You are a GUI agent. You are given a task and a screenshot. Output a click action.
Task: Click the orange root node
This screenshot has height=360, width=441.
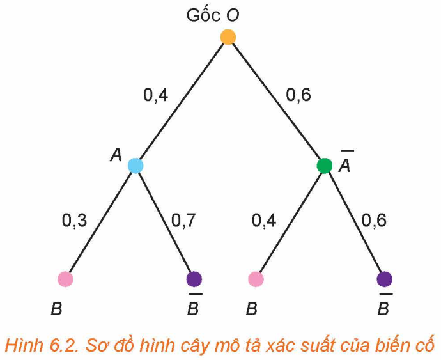pyautogui.click(x=228, y=37)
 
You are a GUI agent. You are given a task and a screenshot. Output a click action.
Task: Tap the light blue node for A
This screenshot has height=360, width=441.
pyautogui.click(x=135, y=166)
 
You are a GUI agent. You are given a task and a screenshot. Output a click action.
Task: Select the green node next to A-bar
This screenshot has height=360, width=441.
pyautogui.click(x=324, y=166)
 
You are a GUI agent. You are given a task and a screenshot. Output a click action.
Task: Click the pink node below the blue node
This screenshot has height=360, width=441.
pyautogui.click(x=65, y=279)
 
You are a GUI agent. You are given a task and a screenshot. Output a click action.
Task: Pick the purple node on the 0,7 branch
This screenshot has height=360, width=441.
pyautogui.click(x=194, y=279)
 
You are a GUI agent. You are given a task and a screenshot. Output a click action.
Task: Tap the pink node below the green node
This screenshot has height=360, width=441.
pyautogui.click(x=256, y=279)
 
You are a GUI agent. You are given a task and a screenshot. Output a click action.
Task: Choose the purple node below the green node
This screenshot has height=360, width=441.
pyautogui.click(x=385, y=279)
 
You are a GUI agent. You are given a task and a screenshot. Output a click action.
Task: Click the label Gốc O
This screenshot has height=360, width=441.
pyautogui.click(x=213, y=15)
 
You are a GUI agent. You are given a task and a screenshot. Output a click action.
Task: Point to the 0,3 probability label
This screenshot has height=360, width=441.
pyautogui.click(x=75, y=221)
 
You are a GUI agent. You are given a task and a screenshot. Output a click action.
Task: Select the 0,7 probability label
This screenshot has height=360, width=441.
pyautogui.click(x=183, y=221)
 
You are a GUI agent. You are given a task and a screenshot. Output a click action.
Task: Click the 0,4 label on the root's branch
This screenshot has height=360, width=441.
pyautogui.click(x=156, y=95)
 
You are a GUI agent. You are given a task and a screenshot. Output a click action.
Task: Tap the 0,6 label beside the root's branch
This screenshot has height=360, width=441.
pyautogui.click(x=298, y=95)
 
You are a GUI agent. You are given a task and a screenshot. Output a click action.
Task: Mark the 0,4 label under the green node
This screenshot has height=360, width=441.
pyautogui.click(x=264, y=221)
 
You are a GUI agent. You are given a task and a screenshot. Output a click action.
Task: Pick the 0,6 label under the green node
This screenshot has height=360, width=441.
pyautogui.click(x=374, y=221)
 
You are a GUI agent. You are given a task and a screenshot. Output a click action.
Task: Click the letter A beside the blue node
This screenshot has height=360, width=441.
pyautogui.click(x=116, y=155)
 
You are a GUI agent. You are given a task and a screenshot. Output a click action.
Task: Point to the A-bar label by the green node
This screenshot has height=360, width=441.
pyautogui.click(x=345, y=162)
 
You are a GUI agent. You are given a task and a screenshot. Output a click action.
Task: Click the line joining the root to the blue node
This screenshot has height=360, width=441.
pyautogui.click(x=182, y=101)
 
